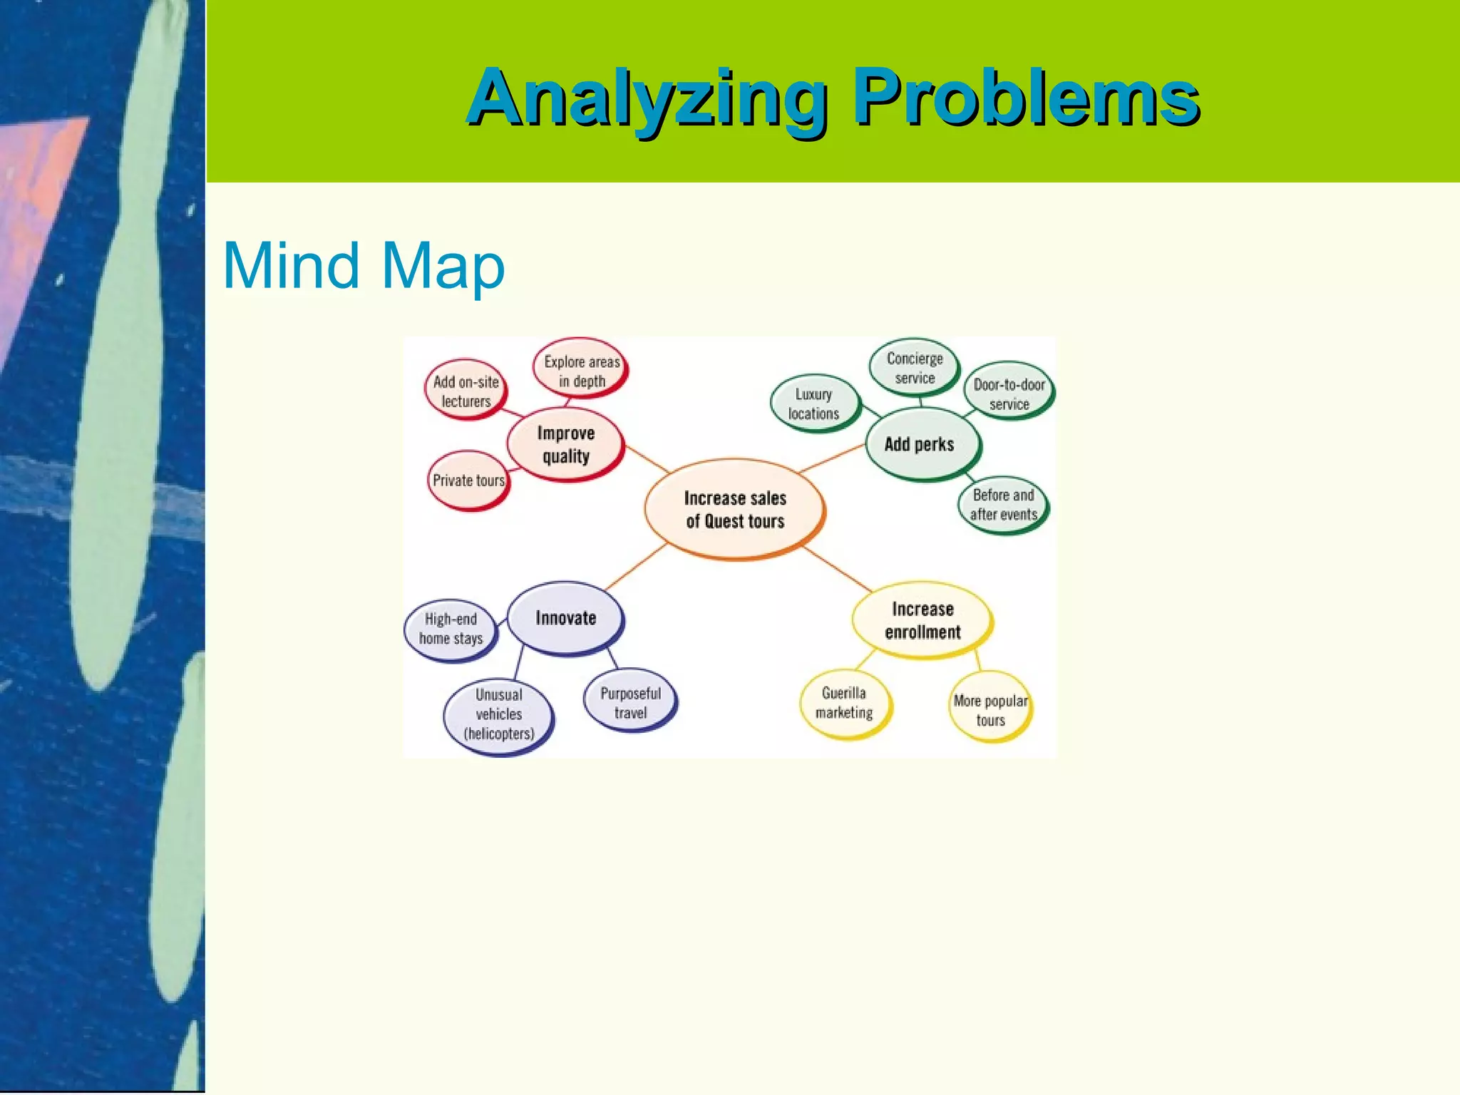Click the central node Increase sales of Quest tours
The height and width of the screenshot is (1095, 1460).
[x=735, y=509]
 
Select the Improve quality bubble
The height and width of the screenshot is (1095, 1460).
[x=565, y=445]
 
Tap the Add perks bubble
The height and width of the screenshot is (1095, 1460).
[x=920, y=444]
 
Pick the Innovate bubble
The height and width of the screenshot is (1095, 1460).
[x=565, y=618]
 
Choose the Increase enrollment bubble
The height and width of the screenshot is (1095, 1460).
[x=922, y=620]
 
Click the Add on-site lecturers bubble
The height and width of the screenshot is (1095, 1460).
[x=466, y=391]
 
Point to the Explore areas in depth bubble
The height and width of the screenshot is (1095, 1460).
[x=582, y=371]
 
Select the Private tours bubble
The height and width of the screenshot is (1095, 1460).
[x=468, y=480]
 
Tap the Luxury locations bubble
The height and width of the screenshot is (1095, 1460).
[x=814, y=403]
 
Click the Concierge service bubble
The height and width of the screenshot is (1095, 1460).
[x=915, y=368]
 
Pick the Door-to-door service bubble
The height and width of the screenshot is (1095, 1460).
[x=1009, y=394]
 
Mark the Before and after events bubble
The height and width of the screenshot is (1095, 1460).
[x=1003, y=505]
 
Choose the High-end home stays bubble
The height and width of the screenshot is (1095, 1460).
[x=451, y=629]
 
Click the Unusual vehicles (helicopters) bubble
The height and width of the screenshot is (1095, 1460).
[x=499, y=714]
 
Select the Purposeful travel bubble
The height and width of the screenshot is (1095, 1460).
[x=630, y=703]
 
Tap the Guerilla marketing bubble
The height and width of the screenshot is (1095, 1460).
[x=844, y=703]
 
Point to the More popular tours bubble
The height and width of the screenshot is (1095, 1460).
[x=990, y=710]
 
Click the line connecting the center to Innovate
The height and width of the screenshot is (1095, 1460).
[x=637, y=566]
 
